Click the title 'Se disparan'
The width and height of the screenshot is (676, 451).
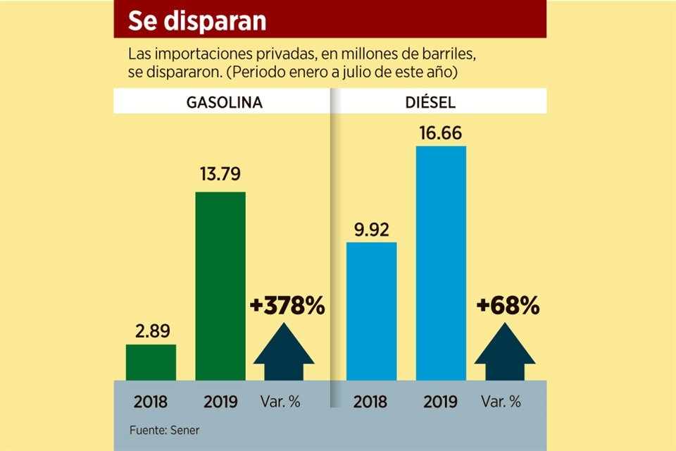pos(196,21)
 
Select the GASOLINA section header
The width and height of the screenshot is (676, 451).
pos(224,102)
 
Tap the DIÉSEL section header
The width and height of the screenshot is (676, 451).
pos(431,102)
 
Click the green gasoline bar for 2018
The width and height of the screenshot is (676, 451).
pos(151,362)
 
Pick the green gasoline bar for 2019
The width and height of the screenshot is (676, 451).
pos(220,285)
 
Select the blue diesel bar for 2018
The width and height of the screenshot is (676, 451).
pos(371,311)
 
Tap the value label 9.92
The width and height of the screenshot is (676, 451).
pos(371,229)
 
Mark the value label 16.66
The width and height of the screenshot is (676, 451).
pos(441,133)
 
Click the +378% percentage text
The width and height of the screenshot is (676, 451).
pos(287,306)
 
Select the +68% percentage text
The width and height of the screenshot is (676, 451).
pos(508,306)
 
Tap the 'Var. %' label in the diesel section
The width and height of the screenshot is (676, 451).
pos(501,402)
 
